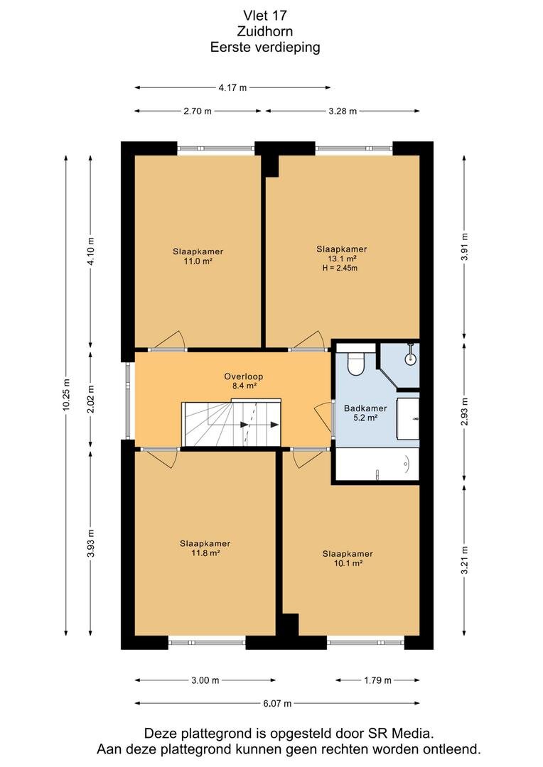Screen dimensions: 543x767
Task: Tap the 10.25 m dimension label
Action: pyautogui.click(x=66, y=396)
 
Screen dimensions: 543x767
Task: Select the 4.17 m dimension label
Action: pyautogui.click(x=232, y=87)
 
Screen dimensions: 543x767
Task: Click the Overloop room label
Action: pyautogui.click(x=244, y=376)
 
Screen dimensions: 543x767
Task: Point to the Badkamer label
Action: pyautogui.click(x=365, y=408)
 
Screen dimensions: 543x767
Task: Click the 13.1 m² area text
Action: pyautogui.click(x=342, y=259)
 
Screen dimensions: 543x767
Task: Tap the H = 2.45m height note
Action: pyautogui.click(x=340, y=268)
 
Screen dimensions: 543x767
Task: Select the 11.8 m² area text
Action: pyautogui.click(x=205, y=553)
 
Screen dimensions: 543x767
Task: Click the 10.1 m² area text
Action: pyautogui.click(x=348, y=563)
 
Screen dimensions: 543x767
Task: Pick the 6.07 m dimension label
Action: pyautogui.click(x=277, y=703)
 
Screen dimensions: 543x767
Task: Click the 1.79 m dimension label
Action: pyautogui.click(x=377, y=680)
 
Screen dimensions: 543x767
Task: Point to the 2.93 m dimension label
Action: pyautogui.click(x=465, y=412)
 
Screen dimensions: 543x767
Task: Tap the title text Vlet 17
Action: pyautogui.click(x=265, y=16)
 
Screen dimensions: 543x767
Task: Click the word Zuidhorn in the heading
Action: pyautogui.click(x=265, y=31)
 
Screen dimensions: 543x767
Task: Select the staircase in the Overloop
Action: pyautogui.click(x=231, y=423)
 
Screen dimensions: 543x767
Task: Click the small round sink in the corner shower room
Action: pyautogui.click(x=410, y=359)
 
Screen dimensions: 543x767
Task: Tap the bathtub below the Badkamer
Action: pyautogui.click(x=377, y=464)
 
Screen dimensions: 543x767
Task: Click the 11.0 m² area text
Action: pyautogui.click(x=198, y=261)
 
